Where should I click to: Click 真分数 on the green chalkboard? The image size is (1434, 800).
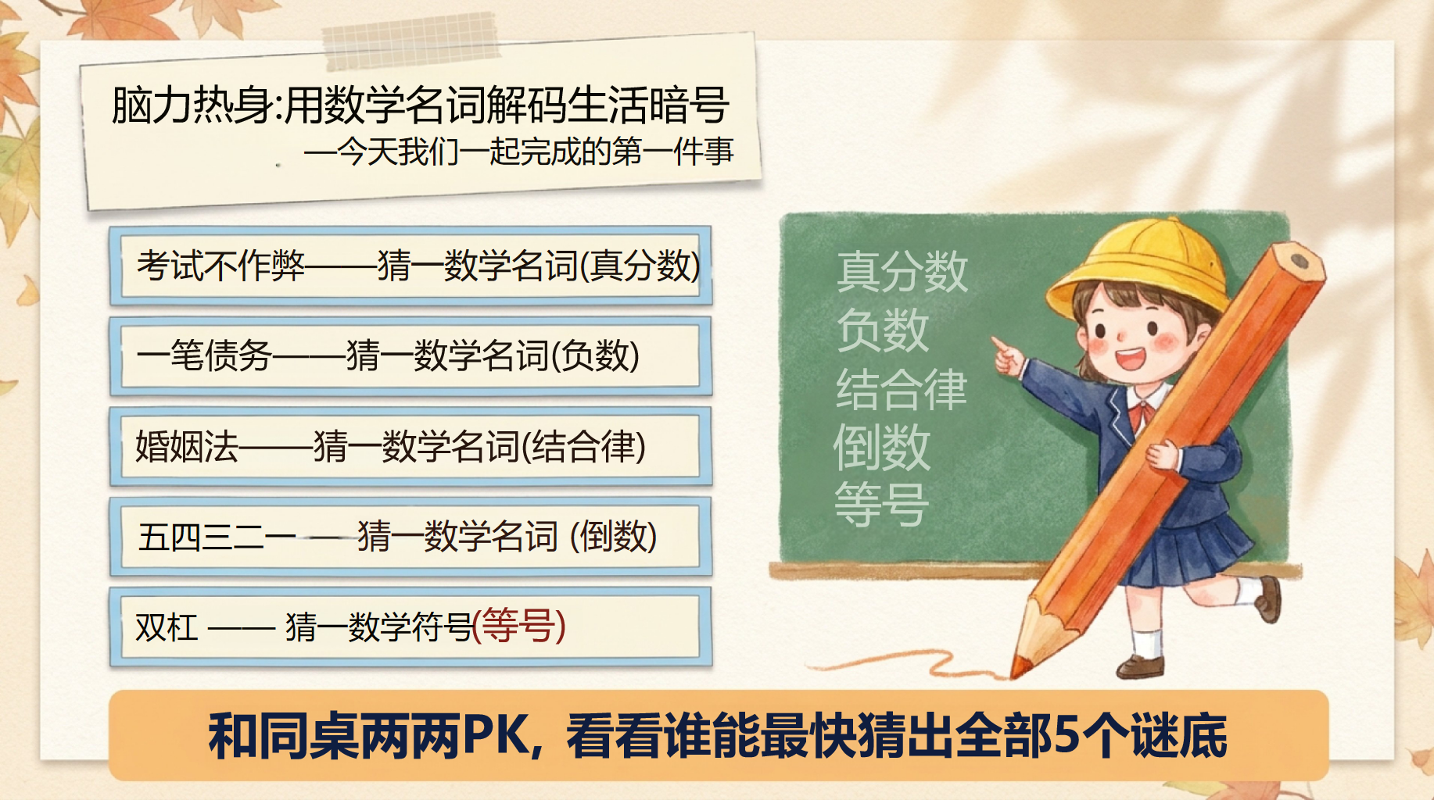(902, 272)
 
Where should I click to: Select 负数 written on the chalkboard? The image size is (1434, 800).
(883, 330)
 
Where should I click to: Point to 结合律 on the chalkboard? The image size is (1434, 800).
(902, 389)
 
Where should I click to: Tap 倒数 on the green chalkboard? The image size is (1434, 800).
(882, 448)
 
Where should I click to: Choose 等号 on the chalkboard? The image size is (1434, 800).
(882, 505)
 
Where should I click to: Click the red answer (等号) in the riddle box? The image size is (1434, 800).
(519, 626)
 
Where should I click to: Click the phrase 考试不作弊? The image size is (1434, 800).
(221, 266)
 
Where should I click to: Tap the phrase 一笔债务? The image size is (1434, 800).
(204, 356)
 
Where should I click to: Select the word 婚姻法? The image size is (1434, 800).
(186, 447)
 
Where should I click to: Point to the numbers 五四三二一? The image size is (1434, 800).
(217, 537)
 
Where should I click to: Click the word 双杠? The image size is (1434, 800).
(167, 627)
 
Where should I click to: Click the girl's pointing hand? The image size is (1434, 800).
(1007, 356)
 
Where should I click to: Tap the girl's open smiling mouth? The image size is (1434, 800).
(1130, 359)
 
